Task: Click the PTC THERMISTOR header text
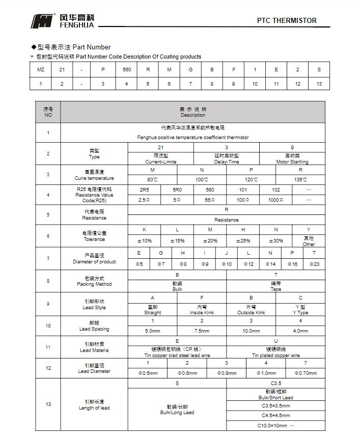point(286,21)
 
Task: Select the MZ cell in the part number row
point(41,69)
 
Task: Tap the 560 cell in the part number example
point(127,69)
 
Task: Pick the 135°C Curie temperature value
point(300,179)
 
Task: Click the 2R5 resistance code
point(144,189)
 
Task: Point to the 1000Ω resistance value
point(276,200)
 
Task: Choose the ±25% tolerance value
point(243,240)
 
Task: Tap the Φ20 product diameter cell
point(314,264)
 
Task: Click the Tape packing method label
point(275,289)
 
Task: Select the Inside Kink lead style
point(202,312)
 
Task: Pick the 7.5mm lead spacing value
point(202,331)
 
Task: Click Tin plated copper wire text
point(275,355)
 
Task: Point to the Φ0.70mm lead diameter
point(306,373)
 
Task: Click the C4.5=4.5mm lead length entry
point(275,415)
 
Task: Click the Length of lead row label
point(94,407)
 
